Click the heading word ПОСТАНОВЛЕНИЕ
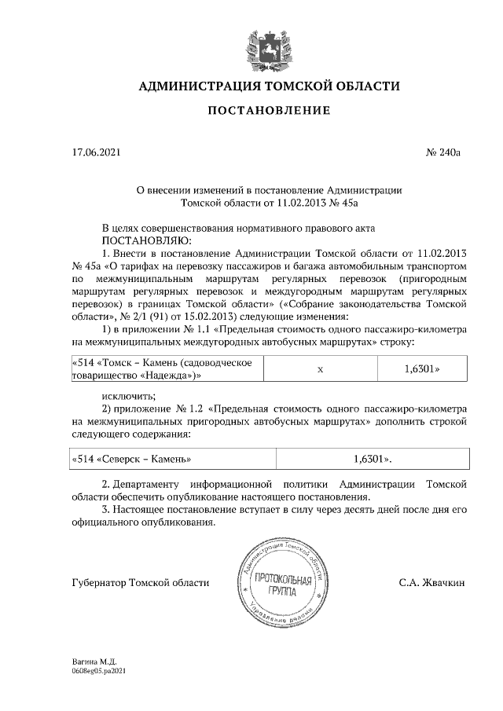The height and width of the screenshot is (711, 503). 269,111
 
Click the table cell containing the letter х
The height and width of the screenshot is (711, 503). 321,368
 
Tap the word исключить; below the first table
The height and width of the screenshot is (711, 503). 128,395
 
